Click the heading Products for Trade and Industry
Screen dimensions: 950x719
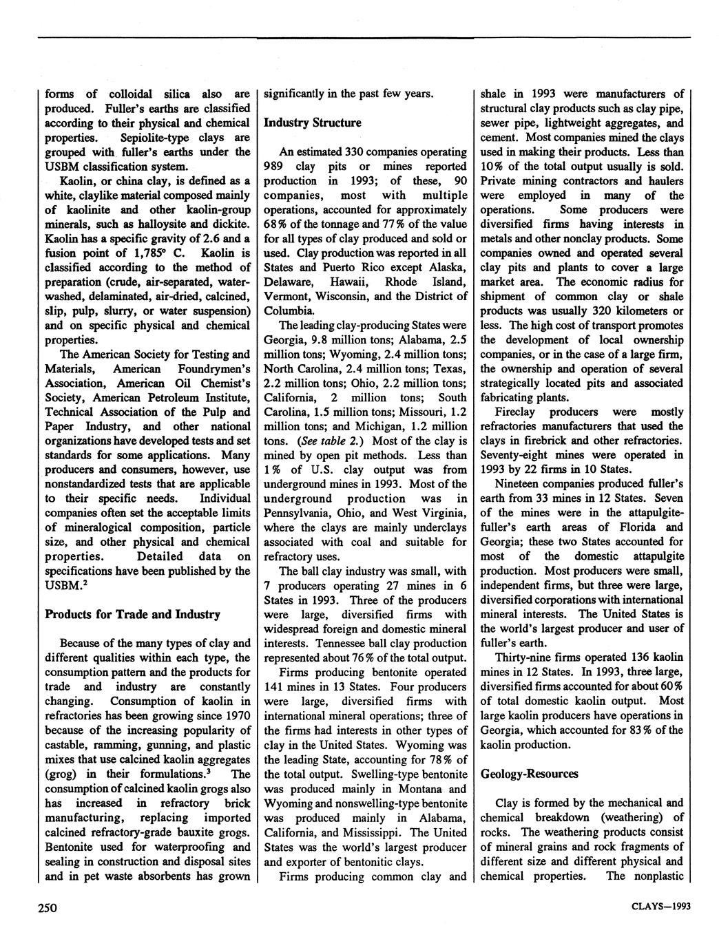pyautogui.click(x=132, y=614)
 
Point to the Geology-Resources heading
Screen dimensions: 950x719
pyautogui.click(x=530, y=774)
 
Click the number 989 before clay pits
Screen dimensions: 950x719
pyautogui.click(x=277, y=166)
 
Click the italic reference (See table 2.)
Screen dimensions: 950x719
pyautogui.click(x=324, y=441)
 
